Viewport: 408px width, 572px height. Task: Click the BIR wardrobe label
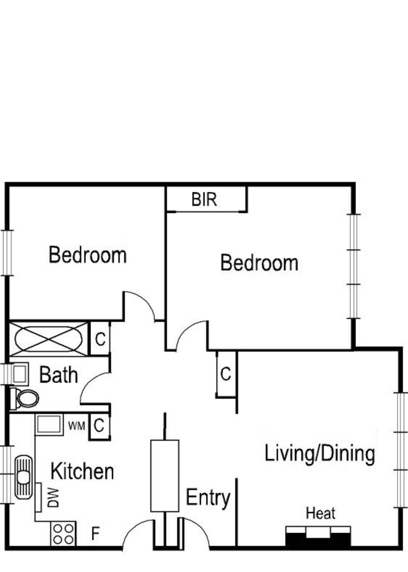(x=204, y=199)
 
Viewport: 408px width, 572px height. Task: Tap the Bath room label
(x=58, y=375)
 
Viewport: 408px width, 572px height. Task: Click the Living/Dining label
(x=320, y=453)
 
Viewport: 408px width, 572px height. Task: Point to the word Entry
(x=208, y=498)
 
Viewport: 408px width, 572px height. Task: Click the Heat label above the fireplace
(x=320, y=513)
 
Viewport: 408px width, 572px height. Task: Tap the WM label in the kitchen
(x=77, y=426)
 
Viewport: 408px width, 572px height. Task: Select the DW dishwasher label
(x=53, y=498)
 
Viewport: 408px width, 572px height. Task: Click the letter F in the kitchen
(x=95, y=534)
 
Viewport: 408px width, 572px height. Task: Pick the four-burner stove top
(x=63, y=534)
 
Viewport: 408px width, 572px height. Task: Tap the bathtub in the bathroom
(x=48, y=339)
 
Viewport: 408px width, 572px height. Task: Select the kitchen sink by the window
(x=24, y=477)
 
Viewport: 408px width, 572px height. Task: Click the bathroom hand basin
(x=20, y=374)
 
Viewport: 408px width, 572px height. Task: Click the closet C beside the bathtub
(x=100, y=339)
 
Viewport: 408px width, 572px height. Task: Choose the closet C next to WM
(x=99, y=426)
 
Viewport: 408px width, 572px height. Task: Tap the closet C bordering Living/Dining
(x=226, y=374)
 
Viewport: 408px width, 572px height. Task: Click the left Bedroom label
(x=88, y=255)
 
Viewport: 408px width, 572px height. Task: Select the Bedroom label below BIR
(x=259, y=263)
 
